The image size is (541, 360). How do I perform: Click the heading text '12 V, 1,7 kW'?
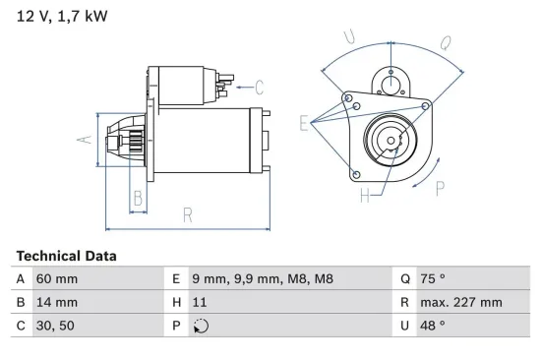(61, 17)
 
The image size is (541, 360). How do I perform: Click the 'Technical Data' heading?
(66, 256)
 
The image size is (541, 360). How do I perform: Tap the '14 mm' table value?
(56, 302)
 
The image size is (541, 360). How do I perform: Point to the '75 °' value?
(434, 279)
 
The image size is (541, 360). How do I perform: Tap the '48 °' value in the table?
(434, 325)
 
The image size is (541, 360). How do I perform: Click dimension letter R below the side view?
(187, 216)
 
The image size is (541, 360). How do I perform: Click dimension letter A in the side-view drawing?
(84, 140)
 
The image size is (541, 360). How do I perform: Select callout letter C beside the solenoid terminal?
(261, 86)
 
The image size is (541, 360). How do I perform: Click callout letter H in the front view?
(365, 197)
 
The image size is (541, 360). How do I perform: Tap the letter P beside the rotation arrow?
(440, 188)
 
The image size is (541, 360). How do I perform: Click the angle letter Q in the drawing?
(445, 42)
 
